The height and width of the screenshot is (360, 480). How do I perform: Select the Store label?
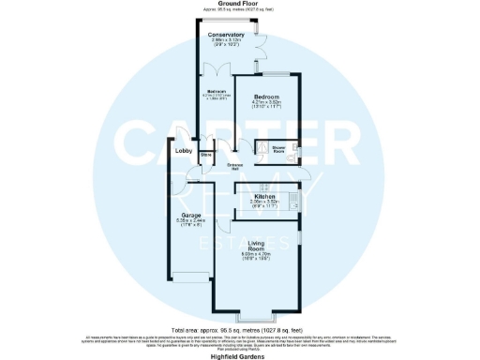click(205, 156)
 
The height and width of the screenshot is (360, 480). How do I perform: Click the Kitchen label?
click(262, 196)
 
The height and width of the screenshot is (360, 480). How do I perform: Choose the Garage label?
click(191, 216)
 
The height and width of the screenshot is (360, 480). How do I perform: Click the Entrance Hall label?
click(235, 166)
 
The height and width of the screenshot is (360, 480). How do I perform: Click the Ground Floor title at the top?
click(239, 4)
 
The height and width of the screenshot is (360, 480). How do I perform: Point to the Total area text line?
click(239, 331)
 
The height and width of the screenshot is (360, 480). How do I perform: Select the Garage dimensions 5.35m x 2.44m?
click(191, 223)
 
